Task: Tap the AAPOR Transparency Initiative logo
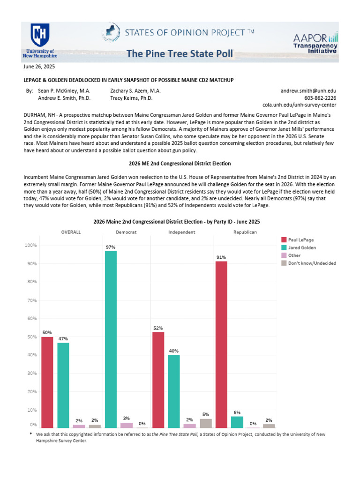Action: (315, 44)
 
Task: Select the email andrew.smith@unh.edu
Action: (308, 90)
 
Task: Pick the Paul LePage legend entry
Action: (301, 240)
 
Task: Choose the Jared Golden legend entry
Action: (302, 247)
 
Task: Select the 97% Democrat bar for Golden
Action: (111, 339)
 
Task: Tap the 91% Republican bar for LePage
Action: (221, 345)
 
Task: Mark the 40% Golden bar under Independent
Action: (173, 391)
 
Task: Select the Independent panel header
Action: (182, 232)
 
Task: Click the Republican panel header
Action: (245, 232)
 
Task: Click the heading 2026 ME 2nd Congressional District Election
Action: (180, 163)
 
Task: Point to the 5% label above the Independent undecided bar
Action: (205, 414)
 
